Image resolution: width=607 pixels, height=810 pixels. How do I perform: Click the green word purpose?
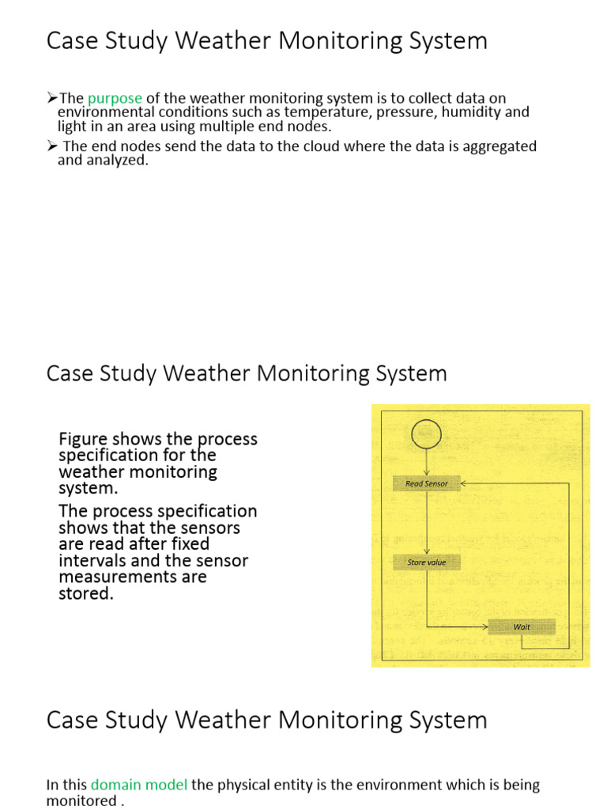(115, 98)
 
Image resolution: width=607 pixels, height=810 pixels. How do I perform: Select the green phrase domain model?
(139, 785)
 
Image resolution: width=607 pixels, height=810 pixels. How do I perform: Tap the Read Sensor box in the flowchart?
(426, 483)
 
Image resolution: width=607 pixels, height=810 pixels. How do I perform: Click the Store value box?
(426, 562)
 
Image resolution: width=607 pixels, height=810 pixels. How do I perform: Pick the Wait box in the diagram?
(522, 626)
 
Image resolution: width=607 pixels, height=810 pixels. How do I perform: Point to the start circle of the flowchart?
(426, 433)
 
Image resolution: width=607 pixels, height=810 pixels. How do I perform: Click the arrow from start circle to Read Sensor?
(426, 463)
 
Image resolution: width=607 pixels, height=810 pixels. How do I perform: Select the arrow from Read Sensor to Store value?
(426, 523)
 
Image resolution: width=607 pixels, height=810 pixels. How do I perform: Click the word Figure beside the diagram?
(83, 439)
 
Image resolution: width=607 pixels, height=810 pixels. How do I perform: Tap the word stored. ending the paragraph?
(86, 593)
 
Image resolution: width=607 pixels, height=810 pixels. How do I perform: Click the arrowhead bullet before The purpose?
(52, 98)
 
